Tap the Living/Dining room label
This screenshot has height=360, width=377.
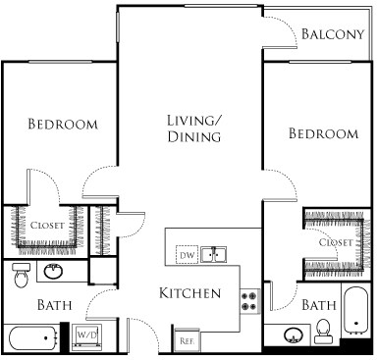point(193,129)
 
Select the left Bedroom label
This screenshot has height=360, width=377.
point(63,125)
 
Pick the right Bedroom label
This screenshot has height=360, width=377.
point(323,133)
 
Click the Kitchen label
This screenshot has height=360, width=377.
point(189,293)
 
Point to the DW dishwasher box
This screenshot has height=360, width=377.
point(186,256)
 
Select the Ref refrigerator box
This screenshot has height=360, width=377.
point(186,340)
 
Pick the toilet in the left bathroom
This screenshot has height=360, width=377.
point(21,278)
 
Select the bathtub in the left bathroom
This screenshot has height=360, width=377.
point(36,339)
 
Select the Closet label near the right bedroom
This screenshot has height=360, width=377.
point(337,241)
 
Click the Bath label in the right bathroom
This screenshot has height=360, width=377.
point(318,306)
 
